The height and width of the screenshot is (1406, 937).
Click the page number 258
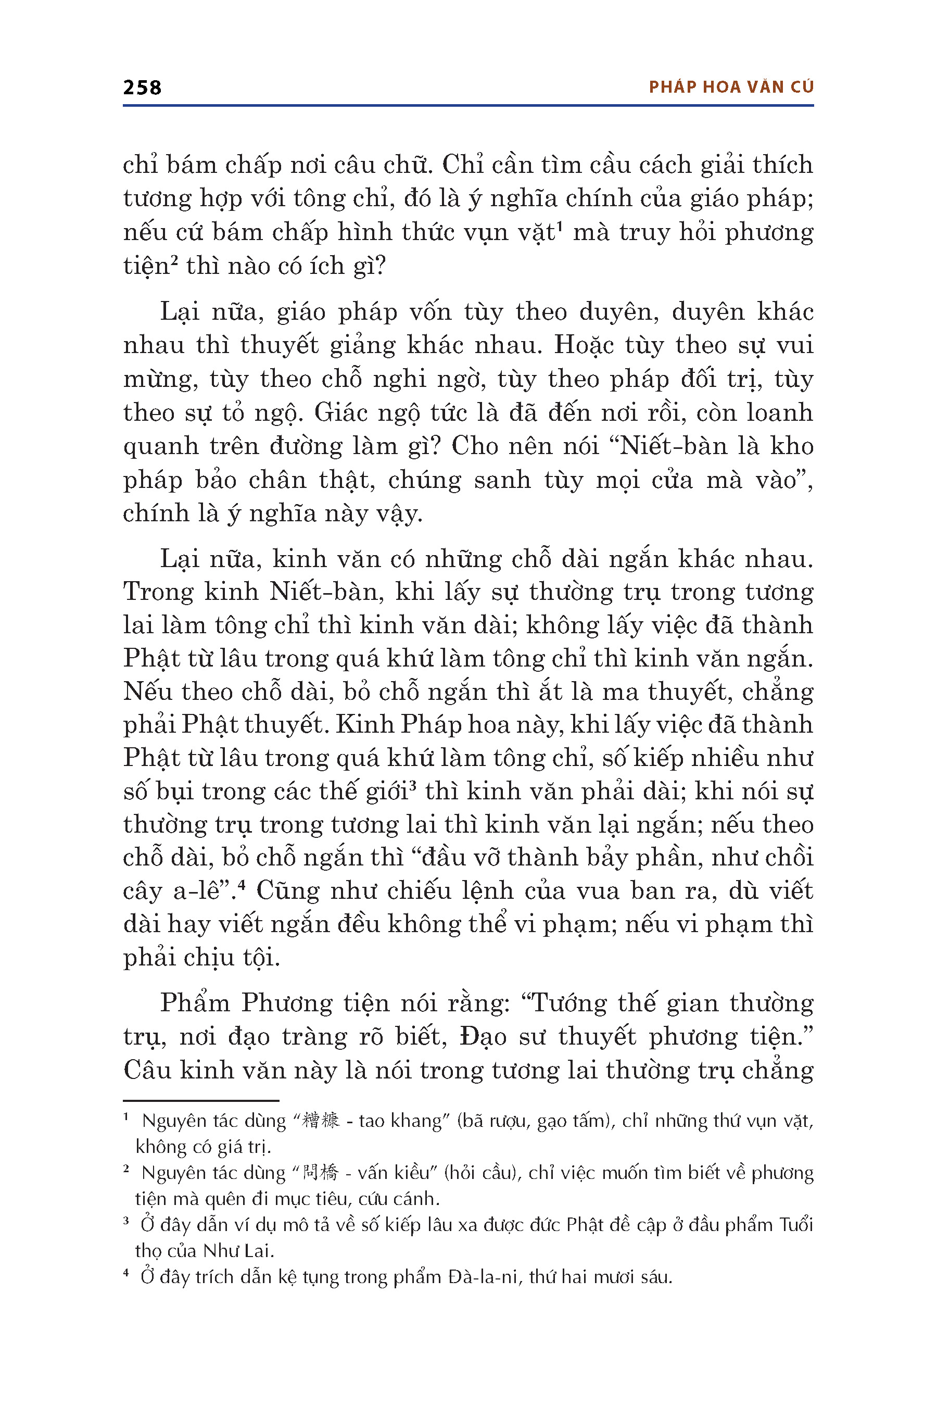pos(142,88)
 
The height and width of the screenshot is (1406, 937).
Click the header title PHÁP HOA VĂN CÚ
pos(731,87)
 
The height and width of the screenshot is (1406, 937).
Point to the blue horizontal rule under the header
pos(468,106)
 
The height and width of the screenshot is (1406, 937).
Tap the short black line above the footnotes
pos(201,1100)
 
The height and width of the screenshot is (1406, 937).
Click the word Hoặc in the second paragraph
pos(583,345)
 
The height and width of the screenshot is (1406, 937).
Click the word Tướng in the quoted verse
pos(568,1003)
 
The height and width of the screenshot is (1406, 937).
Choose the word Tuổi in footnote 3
pos(796,1225)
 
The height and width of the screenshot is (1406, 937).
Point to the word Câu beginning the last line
pos(147,1070)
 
